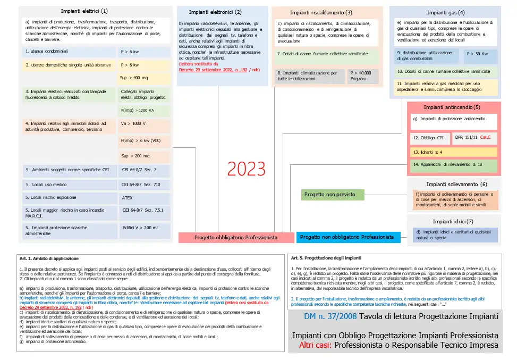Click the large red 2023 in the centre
(x=246, y=169)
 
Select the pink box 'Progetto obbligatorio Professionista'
(x=236, y=238)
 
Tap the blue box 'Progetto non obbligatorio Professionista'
(x=348, y=237)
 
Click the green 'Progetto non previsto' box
(x=333, y=195)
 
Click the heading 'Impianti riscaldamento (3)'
(x=321, y=12)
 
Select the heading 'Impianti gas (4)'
(x=445, y=12)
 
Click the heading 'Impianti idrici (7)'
(x=453, y=221)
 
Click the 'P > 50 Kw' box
(x=480, y=54)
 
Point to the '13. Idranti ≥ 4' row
(x=453, y=152)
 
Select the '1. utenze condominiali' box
(x=69, y=52)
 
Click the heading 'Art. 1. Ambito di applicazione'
(x=49, y=258)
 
